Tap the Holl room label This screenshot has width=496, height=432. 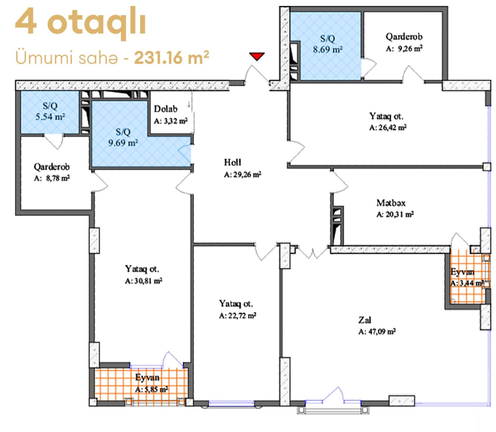(232, 162)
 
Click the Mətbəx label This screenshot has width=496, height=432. (391, 203)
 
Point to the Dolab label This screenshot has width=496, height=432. (166, 109)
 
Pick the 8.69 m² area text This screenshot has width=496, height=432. (327, 49)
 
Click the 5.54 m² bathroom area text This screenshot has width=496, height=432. (50, 117)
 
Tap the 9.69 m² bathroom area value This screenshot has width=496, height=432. (123, 143)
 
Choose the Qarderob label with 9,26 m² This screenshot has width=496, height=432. (404, 37)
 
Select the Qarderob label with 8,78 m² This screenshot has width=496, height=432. (52, 167)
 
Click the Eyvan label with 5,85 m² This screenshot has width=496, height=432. (147, 377)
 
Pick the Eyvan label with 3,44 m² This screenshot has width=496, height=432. (462, 272)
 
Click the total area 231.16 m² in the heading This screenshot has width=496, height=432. (171, 58)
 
